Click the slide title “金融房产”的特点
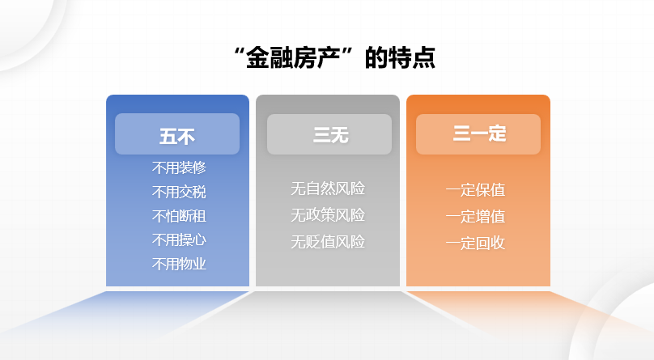(x=334, y=57)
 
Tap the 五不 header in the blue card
(x=177, y=136)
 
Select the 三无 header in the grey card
(x=331, y=135)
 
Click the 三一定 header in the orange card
(x=480, y=133)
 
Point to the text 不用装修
(x=179, y=168)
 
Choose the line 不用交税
(x=179, y=192)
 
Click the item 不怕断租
(x=179, y=216)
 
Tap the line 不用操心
(x=179, y=240)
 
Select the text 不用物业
(x=179, y=265)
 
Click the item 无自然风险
(x=328, y=188)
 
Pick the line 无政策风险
(x=328, y=215)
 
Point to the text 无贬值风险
(x=328, y=242)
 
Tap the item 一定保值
(x=475, y=190)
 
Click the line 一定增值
(x=475, y=217)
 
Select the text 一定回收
(x=475, y=244)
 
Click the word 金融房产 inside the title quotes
(x=293, y=57)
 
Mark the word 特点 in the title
(x=413, y=57)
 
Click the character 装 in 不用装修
(x=186, y=168)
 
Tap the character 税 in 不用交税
(x=199, y=192)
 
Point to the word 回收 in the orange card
(x=491, y=244)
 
